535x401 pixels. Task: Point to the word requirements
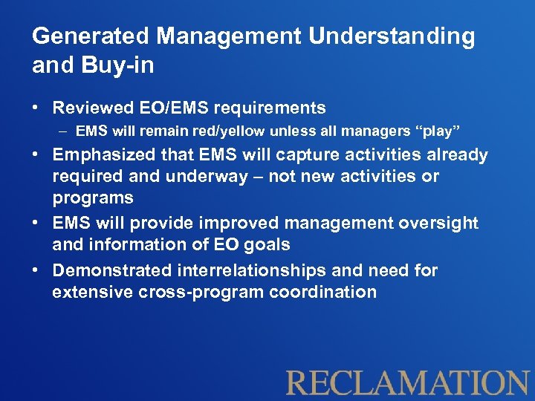coord(270,108)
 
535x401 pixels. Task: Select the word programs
coord(93,198)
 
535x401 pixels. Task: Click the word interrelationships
coord(254,270)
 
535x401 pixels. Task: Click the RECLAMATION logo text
coord(408,382)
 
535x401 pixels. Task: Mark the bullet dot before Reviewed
coord(36,108)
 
